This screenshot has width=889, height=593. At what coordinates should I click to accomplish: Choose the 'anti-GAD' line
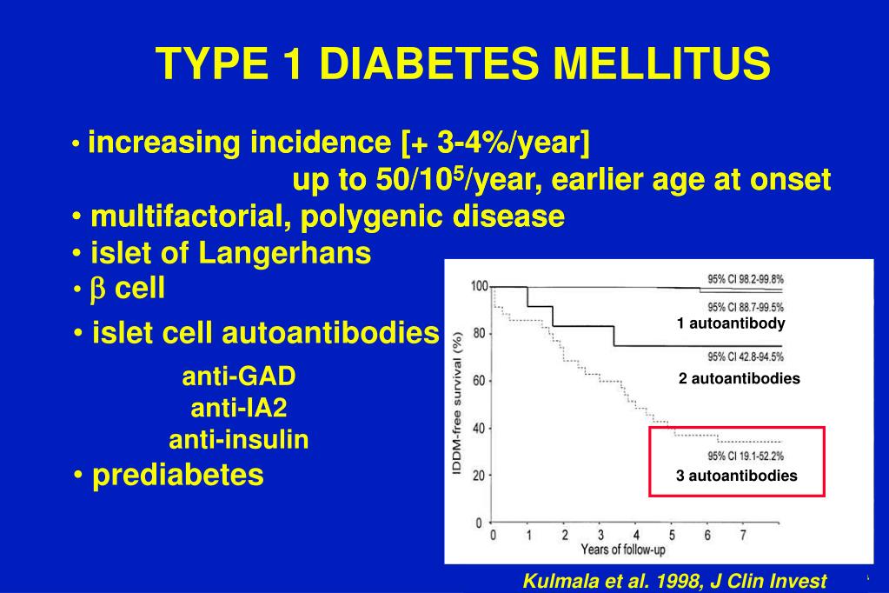pos(239,376)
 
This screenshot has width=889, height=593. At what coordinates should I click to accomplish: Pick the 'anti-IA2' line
pos(239,408)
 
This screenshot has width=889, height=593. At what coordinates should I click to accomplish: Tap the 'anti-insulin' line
pos(239,440)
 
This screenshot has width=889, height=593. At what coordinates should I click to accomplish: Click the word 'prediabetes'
pos(178,476)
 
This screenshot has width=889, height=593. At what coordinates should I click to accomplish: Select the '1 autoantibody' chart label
pos(731,323)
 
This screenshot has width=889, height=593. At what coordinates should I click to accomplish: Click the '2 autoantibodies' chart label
pos(740,379)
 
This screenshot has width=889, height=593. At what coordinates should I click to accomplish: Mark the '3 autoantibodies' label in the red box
pos(737,476)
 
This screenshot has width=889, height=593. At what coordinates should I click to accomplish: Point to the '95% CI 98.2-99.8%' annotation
pos(745,279)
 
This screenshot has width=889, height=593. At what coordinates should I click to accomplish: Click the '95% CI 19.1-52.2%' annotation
pos(746,456)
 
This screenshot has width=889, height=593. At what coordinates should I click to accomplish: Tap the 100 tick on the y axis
pos(477,286)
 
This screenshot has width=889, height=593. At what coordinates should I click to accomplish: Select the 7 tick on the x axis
pos(742,535)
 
